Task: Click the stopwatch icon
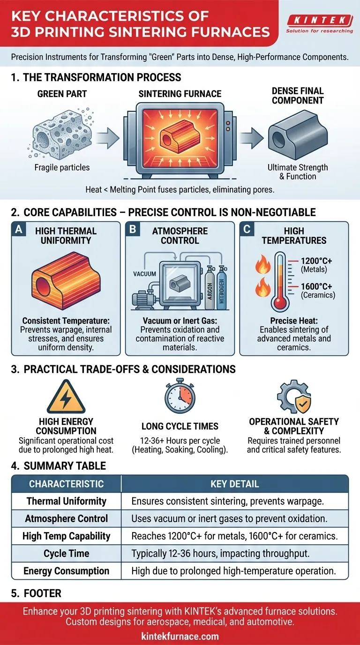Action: coord(180,396)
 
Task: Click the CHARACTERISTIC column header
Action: coord(66,484)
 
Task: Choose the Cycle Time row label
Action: coord(66,554)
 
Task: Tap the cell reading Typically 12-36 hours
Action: coord(220,554)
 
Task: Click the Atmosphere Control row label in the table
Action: coord(66,518)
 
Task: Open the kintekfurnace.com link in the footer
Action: coord(180,637)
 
